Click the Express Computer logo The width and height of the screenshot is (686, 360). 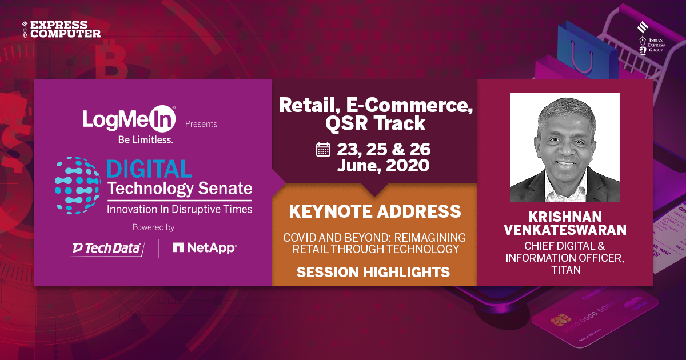[61, 29]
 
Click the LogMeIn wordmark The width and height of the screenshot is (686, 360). [129, 119]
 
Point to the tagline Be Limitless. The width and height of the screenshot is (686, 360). [129, 139]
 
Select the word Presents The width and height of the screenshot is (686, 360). [201, 124]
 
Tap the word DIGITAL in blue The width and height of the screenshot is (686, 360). [149, 169]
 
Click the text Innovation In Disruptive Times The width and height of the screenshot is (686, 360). [179, 210]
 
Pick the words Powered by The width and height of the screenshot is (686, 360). [153, 227]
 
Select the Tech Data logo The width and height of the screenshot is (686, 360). [107, 248]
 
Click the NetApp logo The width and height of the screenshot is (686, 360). [205, 248]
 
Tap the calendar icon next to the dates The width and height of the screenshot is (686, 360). [323, 150]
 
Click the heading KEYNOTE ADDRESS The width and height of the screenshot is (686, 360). [374, 211]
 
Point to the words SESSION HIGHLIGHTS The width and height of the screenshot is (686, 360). [373, 273]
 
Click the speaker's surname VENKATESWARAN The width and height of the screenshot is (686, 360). [565, 230]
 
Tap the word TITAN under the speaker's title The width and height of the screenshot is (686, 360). [566, 270]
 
